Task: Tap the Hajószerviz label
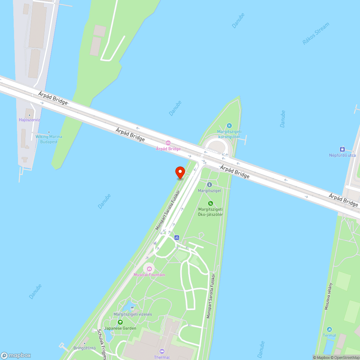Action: pyautogui.click(x=30, y=120)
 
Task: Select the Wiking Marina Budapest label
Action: pyautogui.click(x=49, y=139)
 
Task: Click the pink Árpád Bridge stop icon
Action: pyautogui.click(x=168, y=143)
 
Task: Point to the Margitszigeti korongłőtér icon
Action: pyautogui.click(x=229, y=126)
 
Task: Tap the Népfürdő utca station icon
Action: pyautogui.click(x=342, y=149)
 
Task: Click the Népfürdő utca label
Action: pyautogui.click(x=342, y=155)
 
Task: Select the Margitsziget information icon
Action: pyautogui.click(x=210, y=184)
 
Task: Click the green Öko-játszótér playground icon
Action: pyautogui.click(x=211, y=203)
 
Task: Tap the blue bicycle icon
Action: pyautogui.click(x=176, y=237)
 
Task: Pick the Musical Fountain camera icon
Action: pyautogui.click(x=149, y=269)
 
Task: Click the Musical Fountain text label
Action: pyautogui.click(x=149, y=275)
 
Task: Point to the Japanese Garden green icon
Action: pyautogui.click(x=120, y=322)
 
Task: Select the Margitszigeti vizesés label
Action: pyautogui.click(x=132, y=314)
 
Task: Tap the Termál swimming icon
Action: pyautogui.click(x=329, y=329)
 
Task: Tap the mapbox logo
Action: pyautogui.click(x=15, y=355)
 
